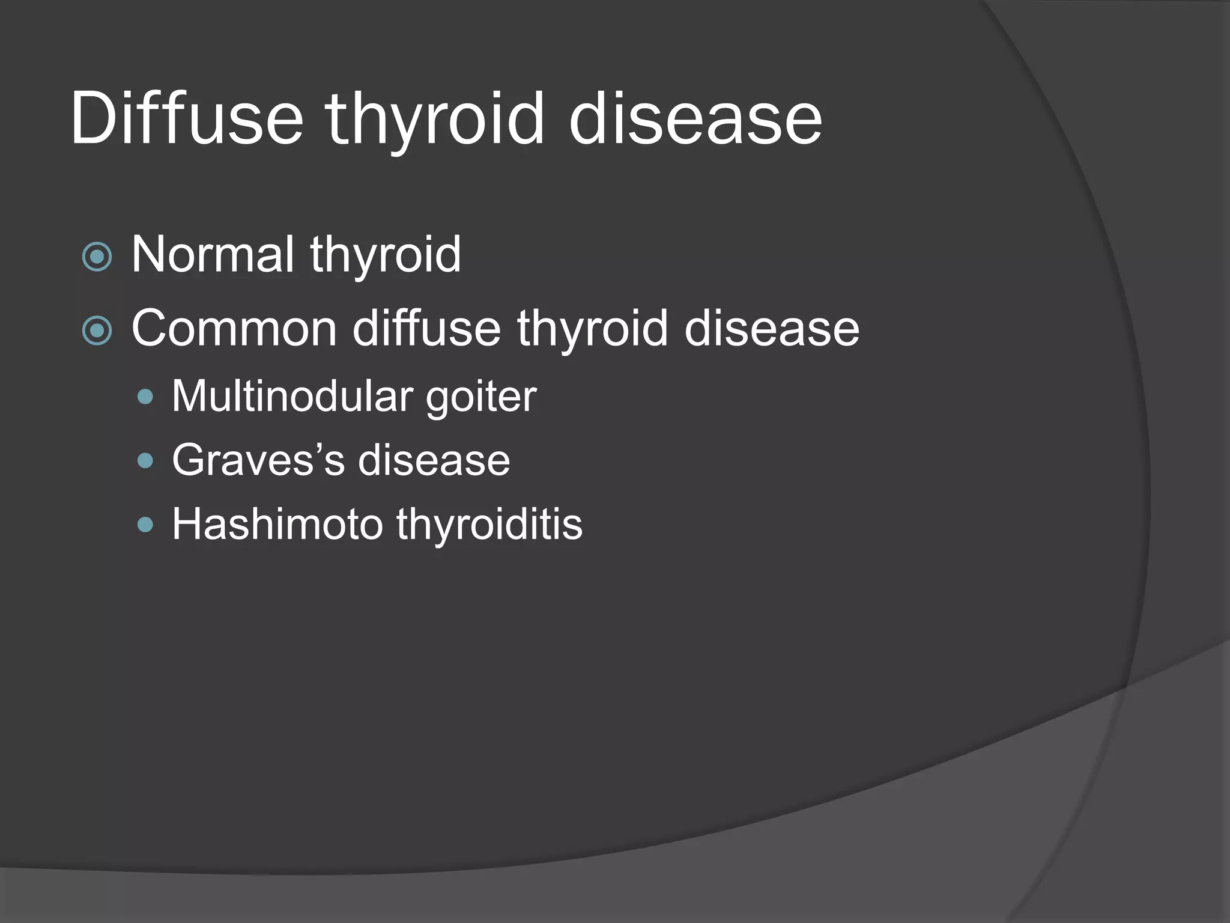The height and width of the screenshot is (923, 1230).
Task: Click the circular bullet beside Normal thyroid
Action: [97, 257]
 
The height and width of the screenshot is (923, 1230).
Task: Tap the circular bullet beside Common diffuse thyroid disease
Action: [97, 331]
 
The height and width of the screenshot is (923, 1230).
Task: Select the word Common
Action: [234, 329]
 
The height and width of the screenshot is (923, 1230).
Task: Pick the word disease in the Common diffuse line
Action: [772, 329]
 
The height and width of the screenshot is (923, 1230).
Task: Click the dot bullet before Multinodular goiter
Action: [145, 397]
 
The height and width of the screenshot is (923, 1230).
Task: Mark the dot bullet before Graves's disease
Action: [145, 461]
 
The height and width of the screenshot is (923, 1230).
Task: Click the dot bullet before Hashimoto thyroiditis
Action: [145, 525]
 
